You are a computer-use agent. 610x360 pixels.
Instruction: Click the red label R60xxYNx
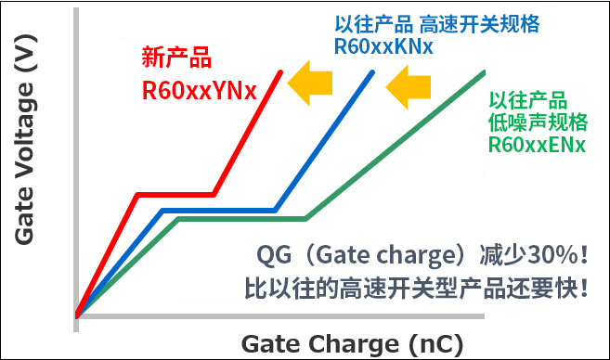[197, 91]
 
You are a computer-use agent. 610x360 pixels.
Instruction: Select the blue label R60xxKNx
[383, 46]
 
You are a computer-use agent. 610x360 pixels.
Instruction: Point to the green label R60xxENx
[537, 145]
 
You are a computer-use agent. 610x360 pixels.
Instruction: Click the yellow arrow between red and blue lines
[311, 86]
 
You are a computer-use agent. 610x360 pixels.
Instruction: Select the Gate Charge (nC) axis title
[352, 342]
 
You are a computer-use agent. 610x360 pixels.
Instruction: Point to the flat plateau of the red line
[175, 195]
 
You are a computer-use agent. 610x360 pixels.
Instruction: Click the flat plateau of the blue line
[219, 211]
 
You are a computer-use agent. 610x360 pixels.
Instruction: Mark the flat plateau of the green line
[241, 219]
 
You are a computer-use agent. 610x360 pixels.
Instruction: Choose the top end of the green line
[484, 72]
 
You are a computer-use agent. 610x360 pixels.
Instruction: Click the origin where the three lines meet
[78, 315]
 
